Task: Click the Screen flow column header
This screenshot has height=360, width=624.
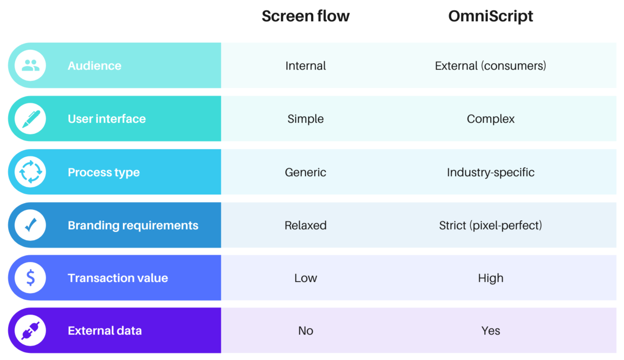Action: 305,16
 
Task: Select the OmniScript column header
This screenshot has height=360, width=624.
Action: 490,16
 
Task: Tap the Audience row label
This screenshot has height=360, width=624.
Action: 94,66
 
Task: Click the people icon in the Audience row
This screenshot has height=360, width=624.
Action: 31,65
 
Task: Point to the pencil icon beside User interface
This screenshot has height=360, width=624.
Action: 31,119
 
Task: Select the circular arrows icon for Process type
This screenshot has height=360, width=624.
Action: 31,172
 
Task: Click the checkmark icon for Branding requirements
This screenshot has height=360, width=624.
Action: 31,225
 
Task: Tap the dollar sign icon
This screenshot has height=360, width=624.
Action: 31,278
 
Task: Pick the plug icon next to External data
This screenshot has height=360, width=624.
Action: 31,331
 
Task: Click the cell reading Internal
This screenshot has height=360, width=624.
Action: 305,66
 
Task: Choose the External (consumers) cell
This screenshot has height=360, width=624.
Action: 490,66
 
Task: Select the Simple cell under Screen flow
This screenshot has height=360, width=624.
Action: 305,119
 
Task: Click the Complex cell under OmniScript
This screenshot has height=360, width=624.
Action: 490,119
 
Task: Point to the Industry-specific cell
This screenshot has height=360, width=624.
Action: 490,172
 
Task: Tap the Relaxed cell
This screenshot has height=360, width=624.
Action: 305,225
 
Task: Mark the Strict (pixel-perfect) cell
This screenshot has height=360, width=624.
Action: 490,225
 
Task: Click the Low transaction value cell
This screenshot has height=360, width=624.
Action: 305,278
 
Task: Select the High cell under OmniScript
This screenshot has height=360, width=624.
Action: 490,278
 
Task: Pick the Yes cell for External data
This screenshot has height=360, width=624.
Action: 490,331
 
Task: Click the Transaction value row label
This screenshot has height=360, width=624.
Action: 118,278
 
